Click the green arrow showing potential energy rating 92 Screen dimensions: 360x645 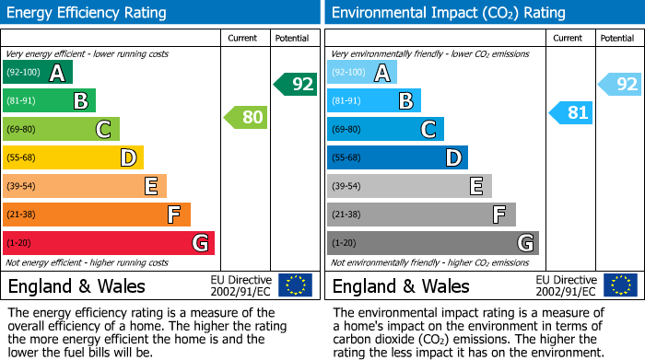pyautogui.click(x=296, y=85)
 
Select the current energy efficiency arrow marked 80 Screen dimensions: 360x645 pyautogui.click(x=247, y=117)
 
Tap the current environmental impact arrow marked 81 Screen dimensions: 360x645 pyautogui.click(x=571, y=113)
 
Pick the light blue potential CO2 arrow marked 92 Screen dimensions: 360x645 pyautogui.click(x=620, y=85)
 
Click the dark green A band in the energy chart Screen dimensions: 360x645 pyautogui.click(x=37, y=73)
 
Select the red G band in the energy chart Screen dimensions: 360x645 pyautogui.click(x=108, y=243)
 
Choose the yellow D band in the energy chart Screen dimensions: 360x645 pyautogui.click(x=73, y=157)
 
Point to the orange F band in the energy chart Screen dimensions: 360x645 pyautogui.click(x=97, y=215)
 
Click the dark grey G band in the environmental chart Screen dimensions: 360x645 pyautogui.click(x=432, y=243)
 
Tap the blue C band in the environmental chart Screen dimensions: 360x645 pyautogui.click(x=385, y=129)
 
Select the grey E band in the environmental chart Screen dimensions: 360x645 pyautogui.click(x=409, y=186)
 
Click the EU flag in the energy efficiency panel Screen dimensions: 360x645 pyautogui.click(x=296, y=285)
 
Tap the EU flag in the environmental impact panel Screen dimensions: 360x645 pyautogui.click(x=620, y=285)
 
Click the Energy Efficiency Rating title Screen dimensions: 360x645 pyautogui.click(x=88, y=13)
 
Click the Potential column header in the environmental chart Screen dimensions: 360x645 pyautogui.click(x=616, y=38)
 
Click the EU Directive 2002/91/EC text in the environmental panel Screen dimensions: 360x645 pyautogui.click(x=565, y=285)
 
